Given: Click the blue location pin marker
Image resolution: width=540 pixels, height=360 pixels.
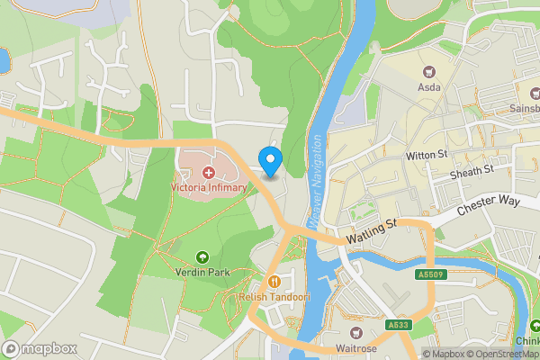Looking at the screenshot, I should coord(270,159).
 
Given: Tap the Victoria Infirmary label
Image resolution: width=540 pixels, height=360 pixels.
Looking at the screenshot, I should coord(208,187).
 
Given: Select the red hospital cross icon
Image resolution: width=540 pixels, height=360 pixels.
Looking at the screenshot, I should coord(208,172).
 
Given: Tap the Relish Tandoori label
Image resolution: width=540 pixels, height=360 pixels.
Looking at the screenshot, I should coord(274,296).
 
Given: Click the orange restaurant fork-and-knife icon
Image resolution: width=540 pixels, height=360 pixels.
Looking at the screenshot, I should coord(274,280).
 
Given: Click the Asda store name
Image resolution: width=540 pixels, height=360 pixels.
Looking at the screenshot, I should coord(429,88).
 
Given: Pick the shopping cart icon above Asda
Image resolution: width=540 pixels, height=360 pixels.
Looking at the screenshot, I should coord(429,72).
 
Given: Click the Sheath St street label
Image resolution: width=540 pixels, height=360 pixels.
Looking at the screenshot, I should coord(472,169).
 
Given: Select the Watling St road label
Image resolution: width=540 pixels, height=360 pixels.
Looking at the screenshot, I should coord(372,233).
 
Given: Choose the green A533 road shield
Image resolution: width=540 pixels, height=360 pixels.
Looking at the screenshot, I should coord(399,325).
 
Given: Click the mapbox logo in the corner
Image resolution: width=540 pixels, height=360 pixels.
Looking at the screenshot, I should coord(40,348).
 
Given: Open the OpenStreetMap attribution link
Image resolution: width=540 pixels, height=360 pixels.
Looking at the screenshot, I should coord(502,354).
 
